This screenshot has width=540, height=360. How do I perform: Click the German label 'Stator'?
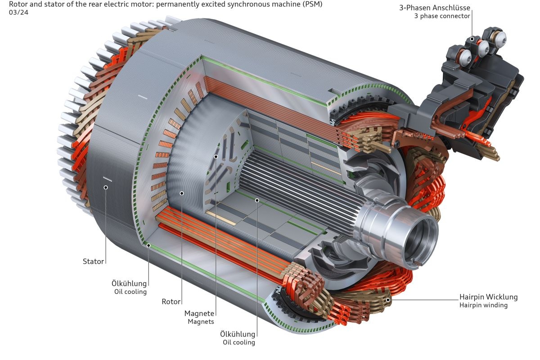(93, 261)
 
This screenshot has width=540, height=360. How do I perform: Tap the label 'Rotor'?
(171, 302)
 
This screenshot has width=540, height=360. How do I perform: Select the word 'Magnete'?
(199, 313)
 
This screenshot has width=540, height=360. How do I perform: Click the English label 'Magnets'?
(201, 322)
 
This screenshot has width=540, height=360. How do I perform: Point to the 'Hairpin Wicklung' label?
(488, 297)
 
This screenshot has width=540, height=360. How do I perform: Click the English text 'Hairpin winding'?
(483, 305)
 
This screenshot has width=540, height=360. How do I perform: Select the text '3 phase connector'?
(442, 16)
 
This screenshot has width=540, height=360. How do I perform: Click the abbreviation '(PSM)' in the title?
(313, 4)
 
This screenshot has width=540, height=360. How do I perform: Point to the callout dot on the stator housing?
(106, 187)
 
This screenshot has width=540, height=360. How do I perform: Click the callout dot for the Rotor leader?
(181, 193)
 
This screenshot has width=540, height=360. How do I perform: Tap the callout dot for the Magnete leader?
(216, 157)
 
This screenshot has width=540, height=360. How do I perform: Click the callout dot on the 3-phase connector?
(472, 39)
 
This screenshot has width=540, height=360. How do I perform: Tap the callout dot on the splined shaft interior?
(257, 199)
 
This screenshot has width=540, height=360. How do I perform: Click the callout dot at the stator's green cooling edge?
(148, 245)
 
